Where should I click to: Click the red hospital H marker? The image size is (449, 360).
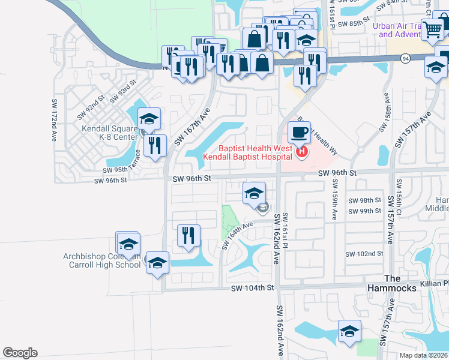(302, 153)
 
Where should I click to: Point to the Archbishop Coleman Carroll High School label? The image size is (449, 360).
(102, 260)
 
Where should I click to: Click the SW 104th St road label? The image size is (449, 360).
(253, 289)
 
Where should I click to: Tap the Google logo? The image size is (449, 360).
(20, 353)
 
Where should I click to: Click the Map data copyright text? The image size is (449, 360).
(423, 355)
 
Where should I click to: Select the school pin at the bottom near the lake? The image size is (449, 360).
(349, 331)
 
